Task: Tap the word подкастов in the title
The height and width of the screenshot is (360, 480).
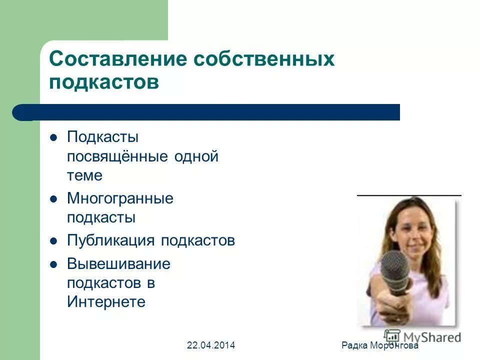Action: click(x=104, y=82)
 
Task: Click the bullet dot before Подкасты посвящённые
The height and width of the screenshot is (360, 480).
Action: click(x=54, y=137)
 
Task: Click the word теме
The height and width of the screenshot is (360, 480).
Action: click(x=84, y=175)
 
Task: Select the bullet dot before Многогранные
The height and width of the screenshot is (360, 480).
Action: click(x=54, y=199)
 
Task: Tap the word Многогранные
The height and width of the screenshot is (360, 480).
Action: click(x=120, y=198)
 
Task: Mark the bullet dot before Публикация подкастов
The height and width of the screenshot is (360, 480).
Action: click(x=54, y=241)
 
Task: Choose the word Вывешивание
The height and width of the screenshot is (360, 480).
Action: click(x=118, y=263)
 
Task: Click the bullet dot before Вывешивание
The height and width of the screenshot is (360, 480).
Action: click(x=54, y=264)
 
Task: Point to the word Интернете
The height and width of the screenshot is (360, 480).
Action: click(x=106, y=302)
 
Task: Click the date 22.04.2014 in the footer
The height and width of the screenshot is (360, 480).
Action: click(x=211, y=345)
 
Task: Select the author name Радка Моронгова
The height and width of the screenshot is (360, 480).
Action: click(x=379, y=345)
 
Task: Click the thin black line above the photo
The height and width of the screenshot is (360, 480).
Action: click(x=409, y=194)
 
